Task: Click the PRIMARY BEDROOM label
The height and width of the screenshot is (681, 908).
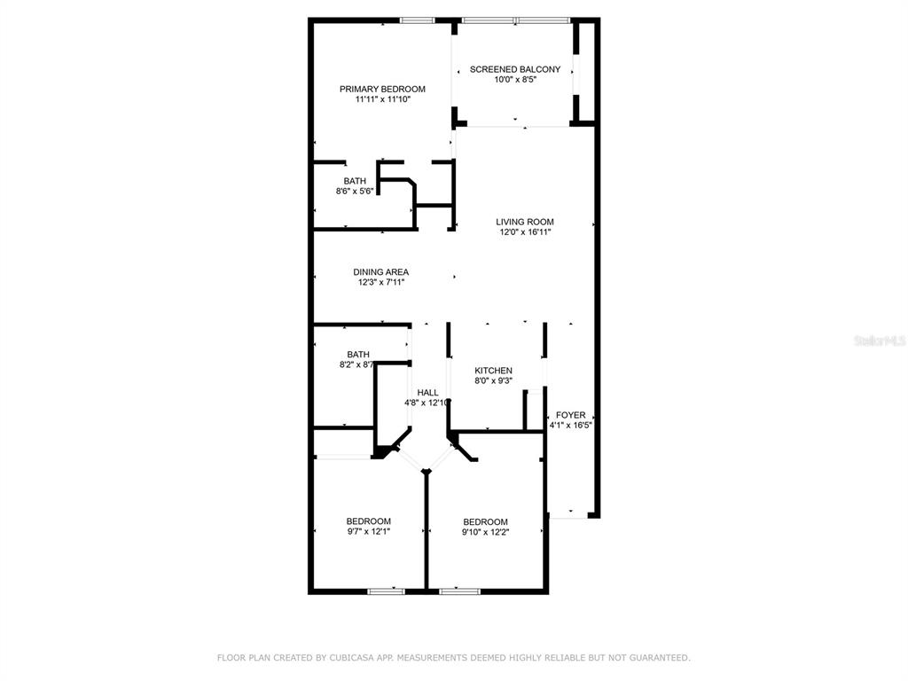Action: tap(382, 90)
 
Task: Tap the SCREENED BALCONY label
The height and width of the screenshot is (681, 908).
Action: tap(515, 69)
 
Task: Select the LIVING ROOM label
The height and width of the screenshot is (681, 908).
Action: tap(525, 222)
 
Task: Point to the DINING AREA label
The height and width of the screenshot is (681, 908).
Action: tap(381, 272)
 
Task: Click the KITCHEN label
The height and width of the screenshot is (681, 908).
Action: tap(493, 371)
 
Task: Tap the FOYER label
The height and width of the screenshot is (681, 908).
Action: tap(570, 415)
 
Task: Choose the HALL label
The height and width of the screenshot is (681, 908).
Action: tap(428, 393)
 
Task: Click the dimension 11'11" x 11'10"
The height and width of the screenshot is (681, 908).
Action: tap(383, 99)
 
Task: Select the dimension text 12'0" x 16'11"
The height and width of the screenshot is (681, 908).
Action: tap(525, 232)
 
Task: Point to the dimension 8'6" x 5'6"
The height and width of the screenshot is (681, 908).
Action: tap(355, 192)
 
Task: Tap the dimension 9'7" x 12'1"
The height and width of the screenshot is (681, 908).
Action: tap(368, 532)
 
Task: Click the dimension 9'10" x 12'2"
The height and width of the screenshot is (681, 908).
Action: tap(485, 532)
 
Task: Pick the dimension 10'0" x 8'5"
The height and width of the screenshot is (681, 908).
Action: tap(515, 80)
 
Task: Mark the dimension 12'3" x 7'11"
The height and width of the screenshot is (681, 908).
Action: tap(381, 283)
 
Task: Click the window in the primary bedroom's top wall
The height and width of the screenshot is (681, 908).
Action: tap(417, 21)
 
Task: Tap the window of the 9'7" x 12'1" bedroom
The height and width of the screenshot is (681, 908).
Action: tap(387, 591)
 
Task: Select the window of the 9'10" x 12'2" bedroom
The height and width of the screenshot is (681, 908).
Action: tap(460, 591)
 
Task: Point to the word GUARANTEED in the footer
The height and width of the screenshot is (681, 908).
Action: tap(659, 658)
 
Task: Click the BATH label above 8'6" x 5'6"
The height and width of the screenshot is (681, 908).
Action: tap(355, 181)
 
